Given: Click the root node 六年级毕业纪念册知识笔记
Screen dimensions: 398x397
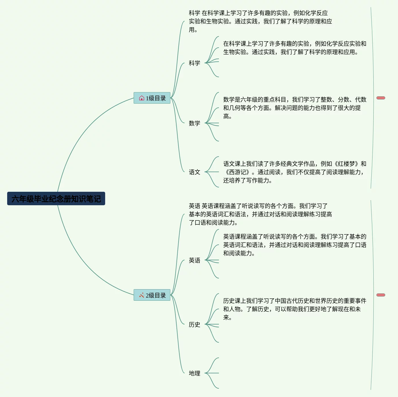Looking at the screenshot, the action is point(56,199).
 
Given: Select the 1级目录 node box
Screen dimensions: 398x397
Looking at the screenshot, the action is point(152,98).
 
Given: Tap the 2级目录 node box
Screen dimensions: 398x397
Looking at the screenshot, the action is point(152,295).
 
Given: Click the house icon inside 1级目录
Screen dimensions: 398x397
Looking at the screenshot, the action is point(142,98).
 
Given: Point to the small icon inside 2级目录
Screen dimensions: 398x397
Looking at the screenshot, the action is point(142,295).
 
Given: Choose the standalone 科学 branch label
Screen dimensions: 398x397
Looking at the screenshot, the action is point(194,63).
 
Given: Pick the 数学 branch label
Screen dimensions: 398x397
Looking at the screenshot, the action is point(194,123).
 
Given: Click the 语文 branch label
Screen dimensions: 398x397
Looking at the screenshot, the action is point(194,172).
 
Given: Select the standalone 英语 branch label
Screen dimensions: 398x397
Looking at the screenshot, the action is point(194,260).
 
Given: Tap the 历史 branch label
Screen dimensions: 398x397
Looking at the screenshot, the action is point(194,324).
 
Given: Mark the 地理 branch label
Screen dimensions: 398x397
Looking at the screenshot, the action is point(194,373).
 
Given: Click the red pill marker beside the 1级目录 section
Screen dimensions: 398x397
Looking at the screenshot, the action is point(381,98).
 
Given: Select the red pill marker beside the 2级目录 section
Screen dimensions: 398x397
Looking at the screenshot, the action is point(381,295).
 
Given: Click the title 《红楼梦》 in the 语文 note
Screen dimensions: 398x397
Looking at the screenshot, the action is point(347,164).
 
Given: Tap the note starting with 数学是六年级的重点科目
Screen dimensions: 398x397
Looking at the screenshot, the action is point(295,108).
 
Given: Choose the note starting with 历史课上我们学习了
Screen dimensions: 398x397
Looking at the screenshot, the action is point(295,309).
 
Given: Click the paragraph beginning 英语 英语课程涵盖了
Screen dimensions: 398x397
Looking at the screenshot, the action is point(260,214).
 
